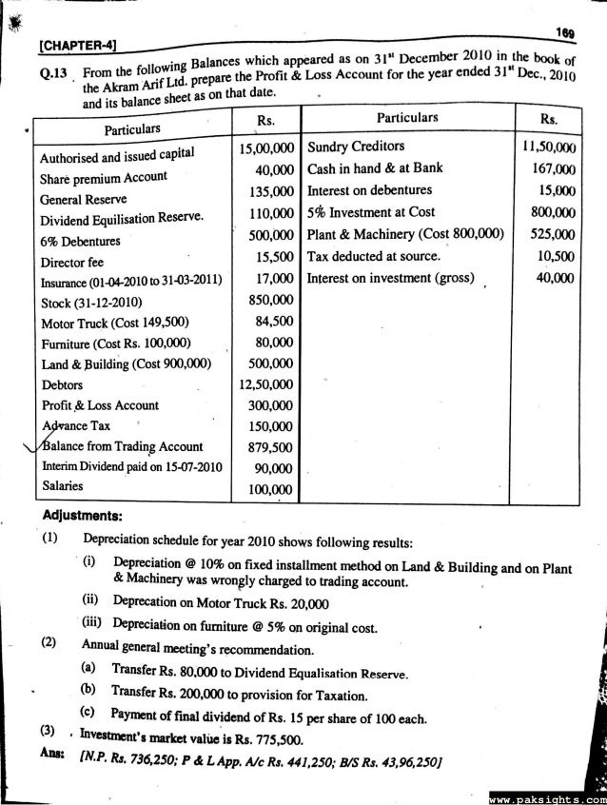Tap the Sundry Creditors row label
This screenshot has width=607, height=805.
(356, 146)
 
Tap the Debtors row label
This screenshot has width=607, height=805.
(61, 386)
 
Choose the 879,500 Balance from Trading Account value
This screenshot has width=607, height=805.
(271, 447)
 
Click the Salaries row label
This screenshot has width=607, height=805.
(64, 486)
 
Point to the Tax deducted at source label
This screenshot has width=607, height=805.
(374, 257)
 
